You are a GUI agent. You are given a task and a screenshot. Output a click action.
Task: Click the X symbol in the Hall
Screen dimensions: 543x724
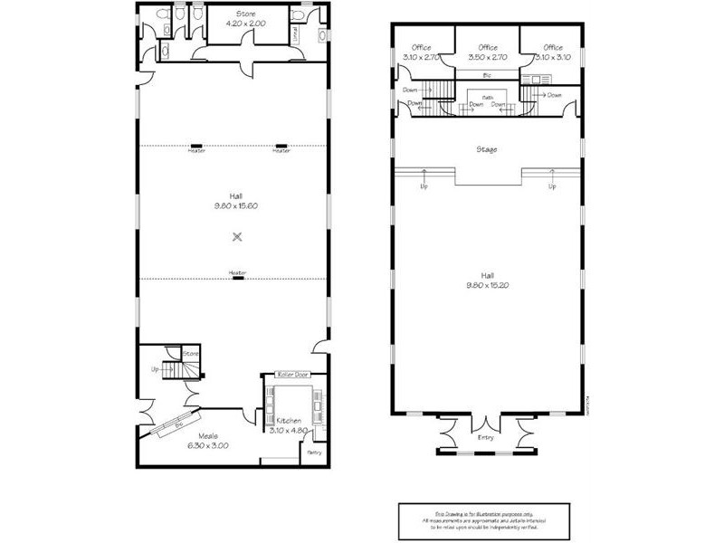click(237, 236)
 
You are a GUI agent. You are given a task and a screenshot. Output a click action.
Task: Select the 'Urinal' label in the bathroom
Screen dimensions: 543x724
click(295, 33)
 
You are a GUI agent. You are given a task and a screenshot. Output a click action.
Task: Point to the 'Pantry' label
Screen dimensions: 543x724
click(315, 452)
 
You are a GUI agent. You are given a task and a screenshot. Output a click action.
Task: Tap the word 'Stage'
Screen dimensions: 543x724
click(486, 149)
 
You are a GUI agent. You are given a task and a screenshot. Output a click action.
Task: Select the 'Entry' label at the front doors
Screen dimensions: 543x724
click(486, 438)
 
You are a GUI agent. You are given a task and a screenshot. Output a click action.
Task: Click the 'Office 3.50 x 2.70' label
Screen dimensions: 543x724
click(487, 52)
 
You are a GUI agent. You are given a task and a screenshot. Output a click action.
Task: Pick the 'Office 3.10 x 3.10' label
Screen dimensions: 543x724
click(553, 52)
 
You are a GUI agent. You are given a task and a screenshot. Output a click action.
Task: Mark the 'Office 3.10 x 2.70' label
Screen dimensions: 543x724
click(421, 52)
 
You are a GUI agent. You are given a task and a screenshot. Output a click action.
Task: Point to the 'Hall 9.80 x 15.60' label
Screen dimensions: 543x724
click(237, 200)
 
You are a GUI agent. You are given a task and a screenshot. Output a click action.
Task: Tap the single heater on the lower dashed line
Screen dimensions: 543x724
click(237, 277)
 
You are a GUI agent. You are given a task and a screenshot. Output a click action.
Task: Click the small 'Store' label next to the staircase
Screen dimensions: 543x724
click(190, 353)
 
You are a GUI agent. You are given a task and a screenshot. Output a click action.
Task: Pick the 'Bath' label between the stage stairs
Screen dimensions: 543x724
click(487, 97)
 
